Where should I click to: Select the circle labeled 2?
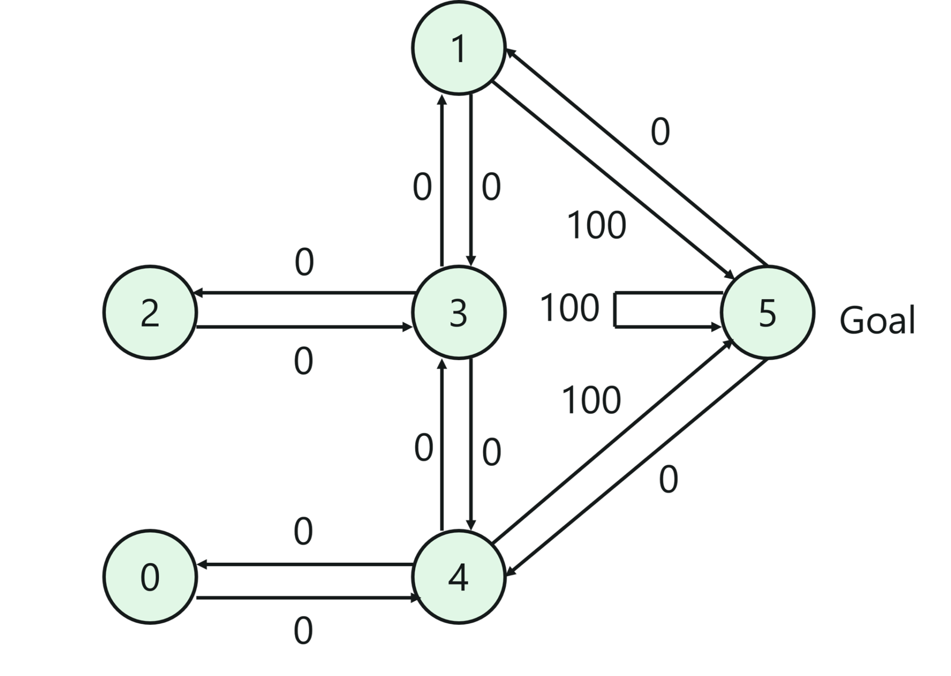150,312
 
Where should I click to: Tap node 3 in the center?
458,312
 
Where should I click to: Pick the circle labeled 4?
458,577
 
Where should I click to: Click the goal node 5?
767,312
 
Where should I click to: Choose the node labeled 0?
150,577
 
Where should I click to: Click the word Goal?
877,320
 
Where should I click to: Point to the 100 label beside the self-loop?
570,308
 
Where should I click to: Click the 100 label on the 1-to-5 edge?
597,225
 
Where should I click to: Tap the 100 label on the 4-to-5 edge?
591,400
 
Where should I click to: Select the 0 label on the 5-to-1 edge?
660,132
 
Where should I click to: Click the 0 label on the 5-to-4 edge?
668,479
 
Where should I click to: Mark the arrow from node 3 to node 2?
304,293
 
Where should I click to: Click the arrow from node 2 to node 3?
304,328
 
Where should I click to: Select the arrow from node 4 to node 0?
304,565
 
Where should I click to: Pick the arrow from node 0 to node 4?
304,598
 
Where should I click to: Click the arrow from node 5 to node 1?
636,158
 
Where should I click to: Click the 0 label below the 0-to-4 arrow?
303,631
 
